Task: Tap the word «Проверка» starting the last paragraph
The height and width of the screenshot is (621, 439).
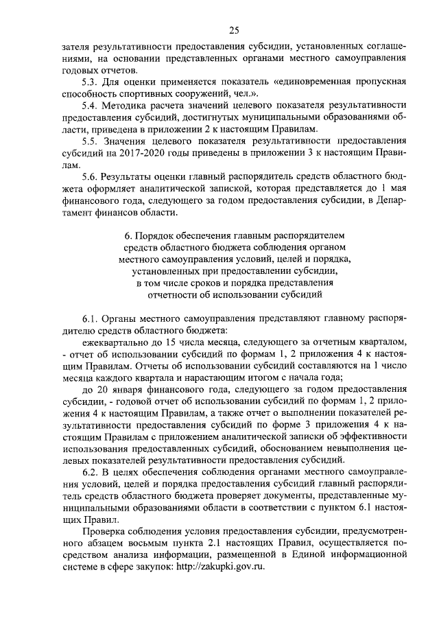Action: tap(104, 532)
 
